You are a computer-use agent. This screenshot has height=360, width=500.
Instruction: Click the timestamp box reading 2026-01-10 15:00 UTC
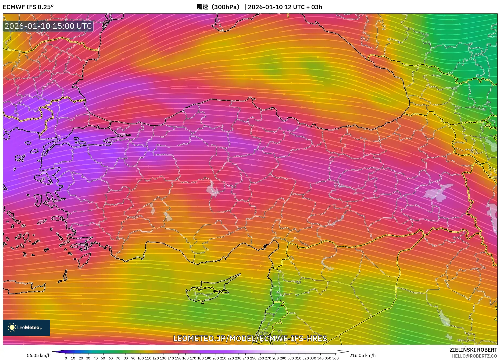(48, 26)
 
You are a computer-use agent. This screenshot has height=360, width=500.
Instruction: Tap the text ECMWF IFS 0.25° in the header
(28, 7)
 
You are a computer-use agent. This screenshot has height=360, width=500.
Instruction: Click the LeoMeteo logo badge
(26, 327)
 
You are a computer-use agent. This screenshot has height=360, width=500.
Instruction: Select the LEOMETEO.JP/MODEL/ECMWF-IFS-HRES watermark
(250, 338)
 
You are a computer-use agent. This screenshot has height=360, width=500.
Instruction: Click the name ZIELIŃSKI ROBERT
(473, 350)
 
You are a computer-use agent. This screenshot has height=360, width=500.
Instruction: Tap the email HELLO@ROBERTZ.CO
(474, 356)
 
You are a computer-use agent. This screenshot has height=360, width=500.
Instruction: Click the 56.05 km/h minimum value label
(38, 355)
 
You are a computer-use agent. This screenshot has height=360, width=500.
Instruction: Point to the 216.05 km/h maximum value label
(362, 355)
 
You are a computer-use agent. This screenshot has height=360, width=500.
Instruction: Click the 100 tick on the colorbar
(140, 358)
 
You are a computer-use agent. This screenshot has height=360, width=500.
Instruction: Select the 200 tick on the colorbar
(215, 358)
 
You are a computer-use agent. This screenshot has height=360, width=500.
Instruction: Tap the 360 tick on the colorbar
(335, 358)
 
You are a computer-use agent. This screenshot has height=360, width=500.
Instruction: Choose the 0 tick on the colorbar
(66, 358)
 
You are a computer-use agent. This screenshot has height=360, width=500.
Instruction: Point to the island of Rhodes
(84, 260)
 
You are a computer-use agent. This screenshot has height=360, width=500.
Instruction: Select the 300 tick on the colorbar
(290, 358)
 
